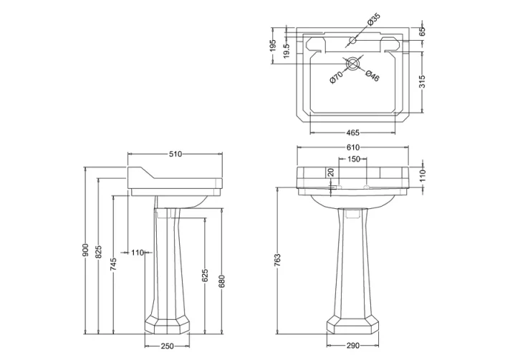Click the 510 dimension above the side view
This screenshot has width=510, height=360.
174,152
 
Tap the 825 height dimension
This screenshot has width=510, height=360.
100,251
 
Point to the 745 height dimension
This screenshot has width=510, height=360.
113,266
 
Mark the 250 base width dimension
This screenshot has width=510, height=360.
168,347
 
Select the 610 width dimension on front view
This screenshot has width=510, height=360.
352,147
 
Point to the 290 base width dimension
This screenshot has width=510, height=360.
352,347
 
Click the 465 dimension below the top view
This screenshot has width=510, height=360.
352,133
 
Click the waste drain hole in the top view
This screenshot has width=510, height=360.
352,63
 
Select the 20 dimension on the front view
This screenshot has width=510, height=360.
330,172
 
